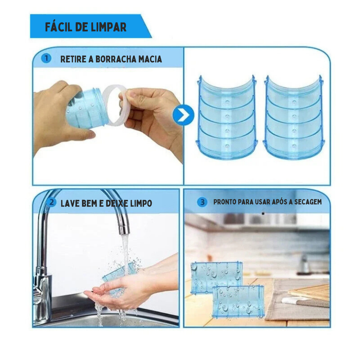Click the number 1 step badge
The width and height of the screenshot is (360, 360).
(46, 58)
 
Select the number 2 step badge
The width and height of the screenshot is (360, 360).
(51, 202)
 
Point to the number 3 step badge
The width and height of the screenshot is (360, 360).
(202, 202)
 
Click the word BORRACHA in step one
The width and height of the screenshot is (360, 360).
(116, 59)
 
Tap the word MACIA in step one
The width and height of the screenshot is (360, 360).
(150, 59)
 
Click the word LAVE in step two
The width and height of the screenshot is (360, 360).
(69, 203)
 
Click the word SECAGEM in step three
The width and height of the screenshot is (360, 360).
(308, 202)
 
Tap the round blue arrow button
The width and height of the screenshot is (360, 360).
(183, 115)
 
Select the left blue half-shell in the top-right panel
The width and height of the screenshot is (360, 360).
(227, 117)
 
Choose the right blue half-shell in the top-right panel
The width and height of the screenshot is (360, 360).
(294, 117)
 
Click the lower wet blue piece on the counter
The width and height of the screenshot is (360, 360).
(238, 301)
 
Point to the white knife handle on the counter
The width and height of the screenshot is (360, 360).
(290, 300)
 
